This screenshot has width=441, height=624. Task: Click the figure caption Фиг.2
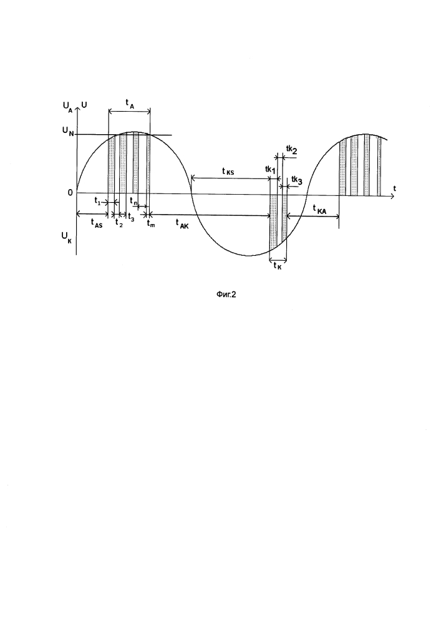click(226, 295)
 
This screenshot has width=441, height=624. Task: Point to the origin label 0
click(70, 193)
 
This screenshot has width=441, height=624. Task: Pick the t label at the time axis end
click(394, 187)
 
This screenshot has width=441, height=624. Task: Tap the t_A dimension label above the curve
click(130, 104)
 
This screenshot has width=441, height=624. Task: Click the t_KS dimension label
click(228, 172)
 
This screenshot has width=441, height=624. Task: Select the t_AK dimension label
click(182, 224)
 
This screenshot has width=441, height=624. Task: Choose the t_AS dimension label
click(96, 223)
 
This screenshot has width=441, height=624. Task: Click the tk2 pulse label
click(291, 150)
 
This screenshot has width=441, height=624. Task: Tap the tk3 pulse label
click(297, 180)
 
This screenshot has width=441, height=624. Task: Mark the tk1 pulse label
click(271, 170)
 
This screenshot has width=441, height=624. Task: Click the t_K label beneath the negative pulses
click(277, 266)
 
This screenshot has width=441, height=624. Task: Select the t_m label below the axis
click(151, 223)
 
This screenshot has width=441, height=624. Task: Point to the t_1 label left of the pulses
click(97, 200)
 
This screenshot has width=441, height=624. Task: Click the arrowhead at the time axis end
click(392, 196)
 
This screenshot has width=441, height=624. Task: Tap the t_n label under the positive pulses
click(133, 202)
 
